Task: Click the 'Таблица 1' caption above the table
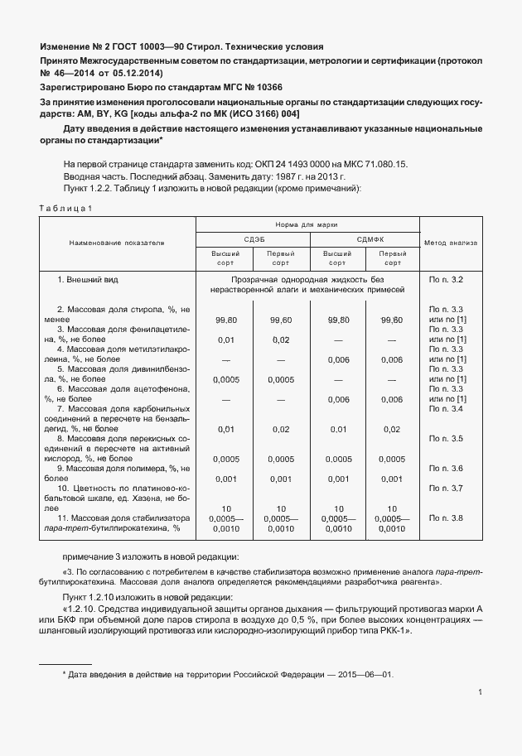point(67,208)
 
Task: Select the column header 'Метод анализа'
point(451,243)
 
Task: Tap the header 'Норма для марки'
point(307,224)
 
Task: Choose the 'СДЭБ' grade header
point(253,239)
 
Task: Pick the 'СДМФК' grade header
point(365,239)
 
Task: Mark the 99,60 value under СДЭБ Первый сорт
point(281,319)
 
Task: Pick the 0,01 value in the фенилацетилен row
point(225,339)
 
